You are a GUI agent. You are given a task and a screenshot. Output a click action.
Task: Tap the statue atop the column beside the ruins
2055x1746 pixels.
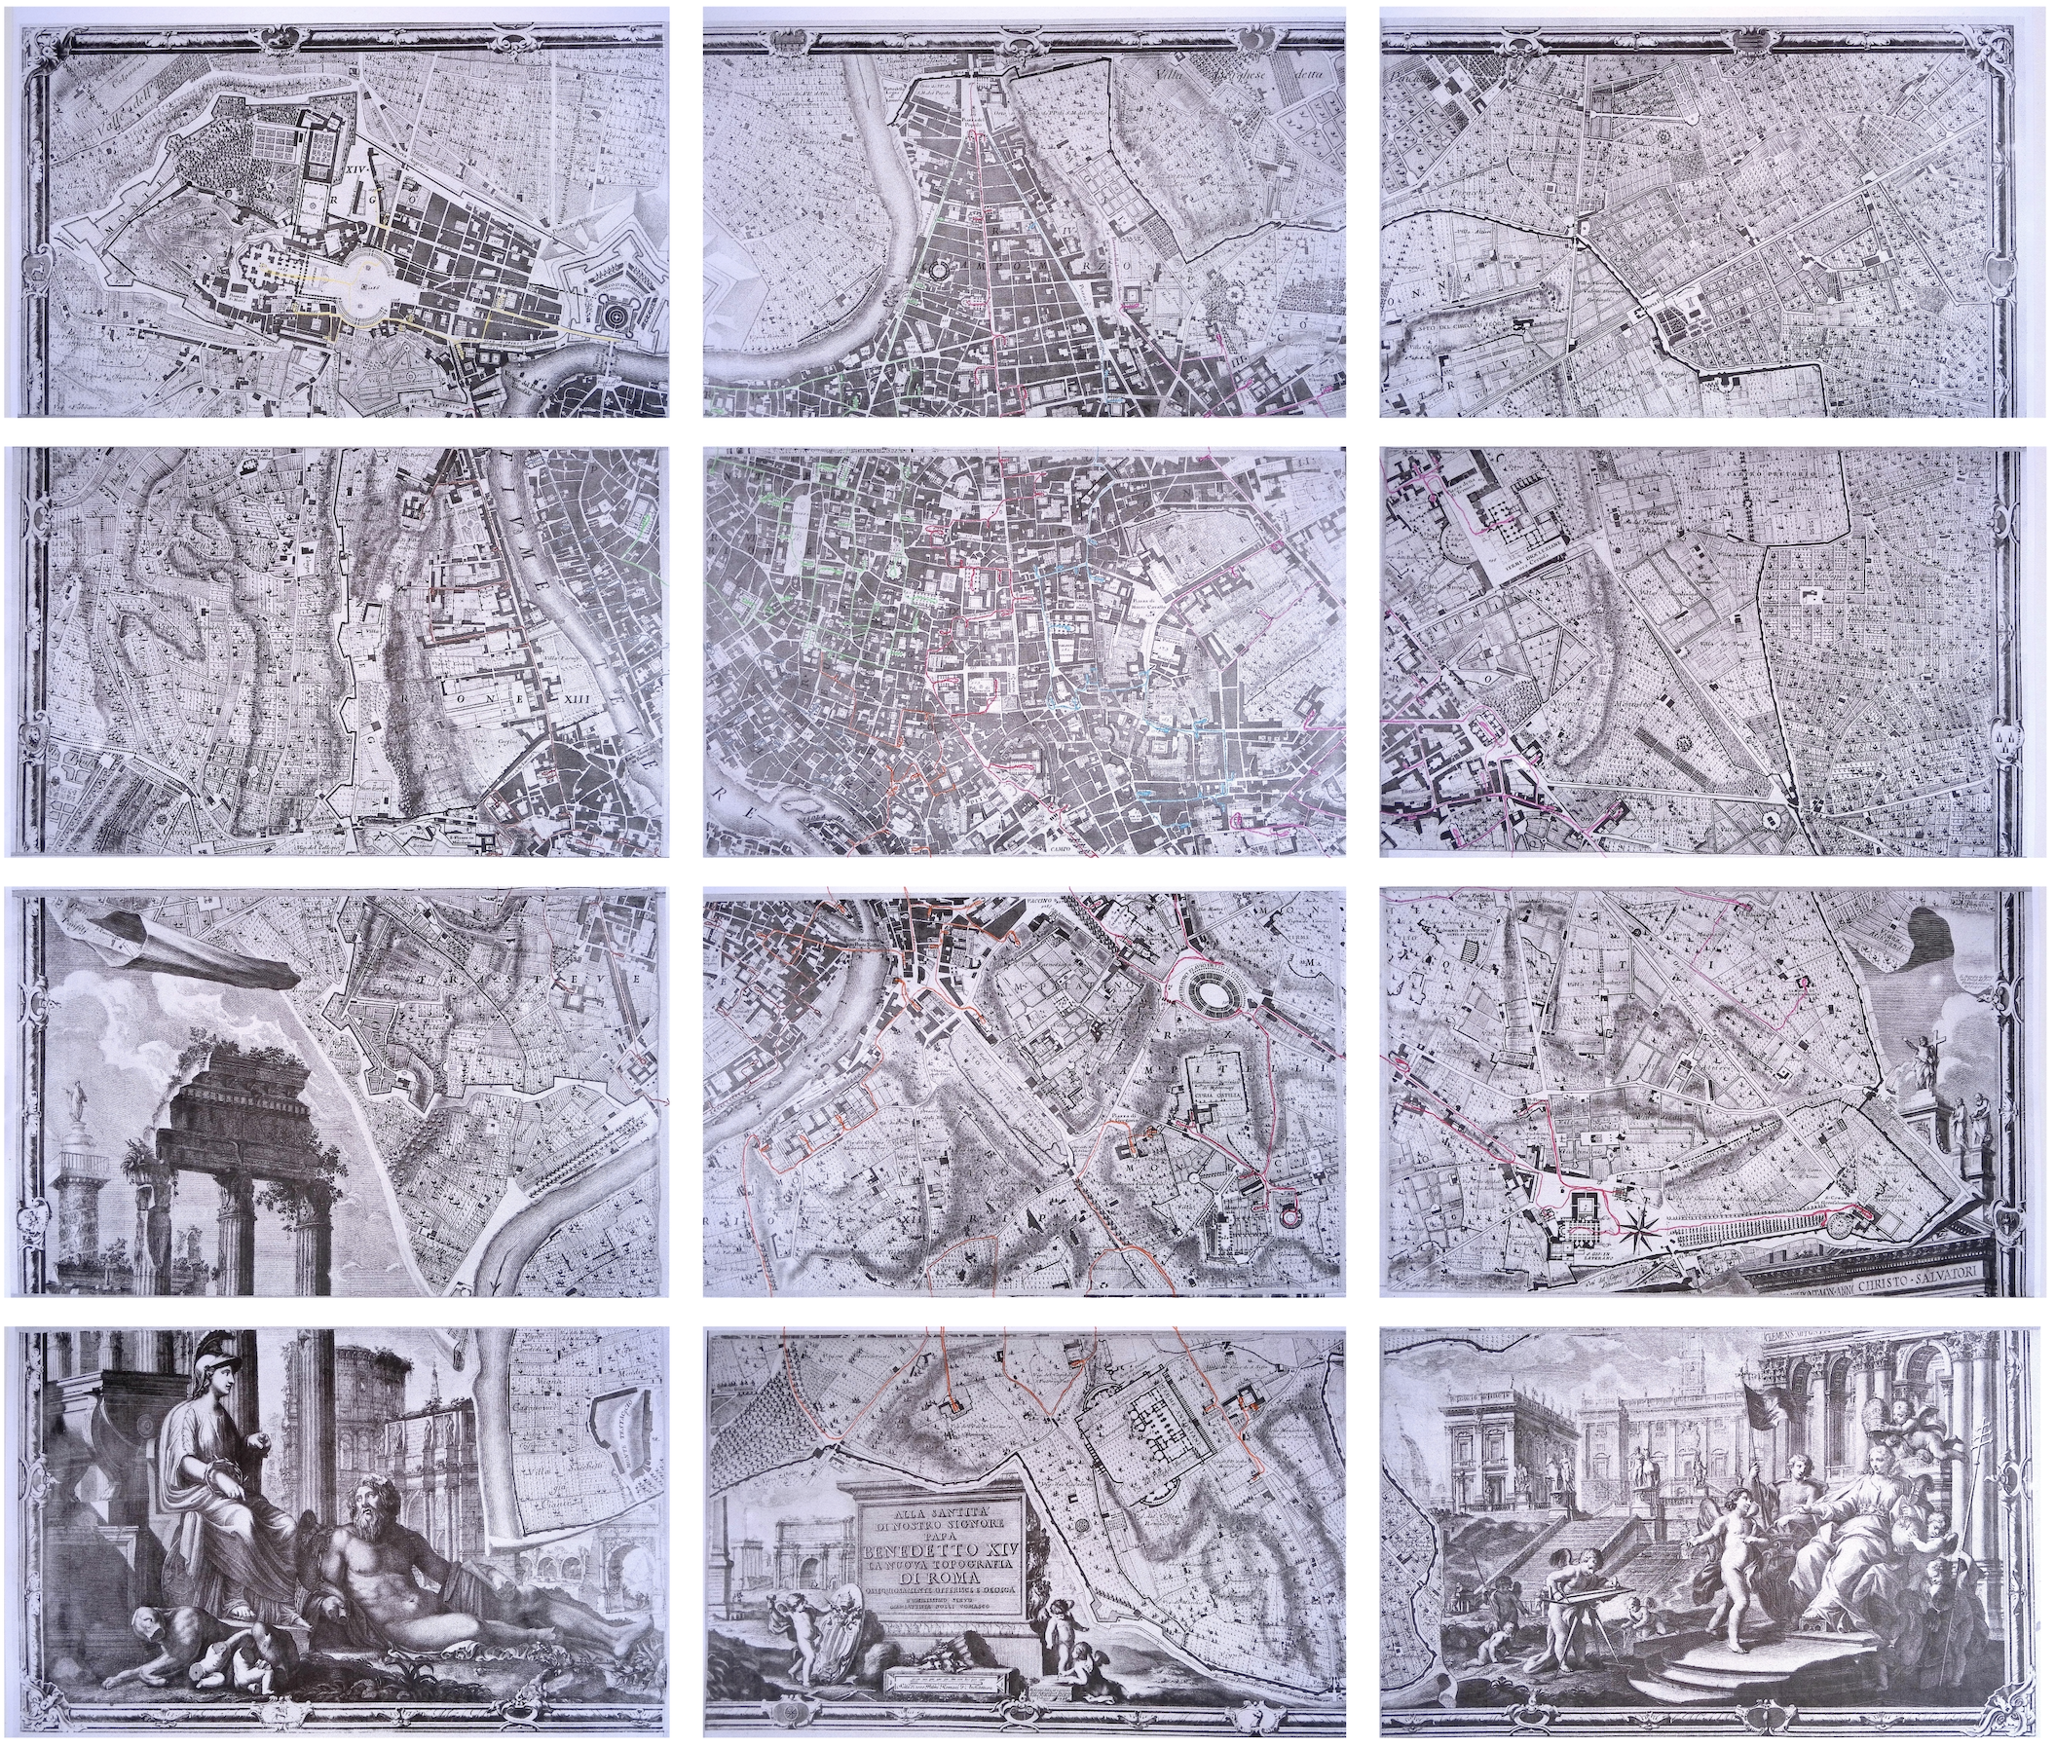pyautogui.click(x=72, y=1096)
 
